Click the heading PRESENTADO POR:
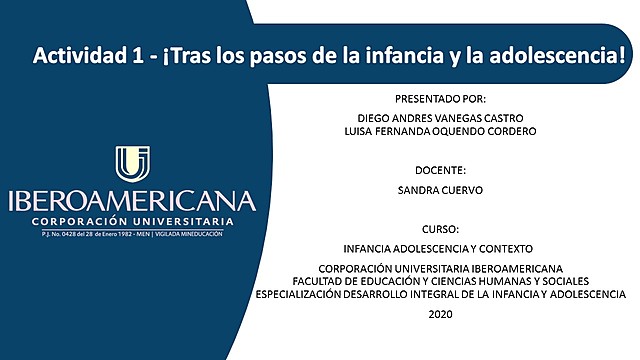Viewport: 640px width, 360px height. pos(440,99)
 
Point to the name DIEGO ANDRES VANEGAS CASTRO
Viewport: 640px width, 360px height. pos(440,117)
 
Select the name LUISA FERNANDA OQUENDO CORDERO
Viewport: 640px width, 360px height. pos(440,132)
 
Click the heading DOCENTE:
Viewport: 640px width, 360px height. pos(440,171)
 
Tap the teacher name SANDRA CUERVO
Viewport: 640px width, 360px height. pos(440,189)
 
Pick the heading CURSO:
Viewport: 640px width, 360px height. pos(440,228)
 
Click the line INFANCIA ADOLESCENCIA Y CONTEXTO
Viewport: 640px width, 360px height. pos(440,248)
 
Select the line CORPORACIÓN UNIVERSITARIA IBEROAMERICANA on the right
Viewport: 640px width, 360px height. pos(440,269)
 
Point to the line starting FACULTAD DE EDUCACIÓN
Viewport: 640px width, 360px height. pos(440,281)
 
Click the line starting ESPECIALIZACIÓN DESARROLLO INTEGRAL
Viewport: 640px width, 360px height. pos(440,294)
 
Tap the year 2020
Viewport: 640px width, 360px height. pos(440,315)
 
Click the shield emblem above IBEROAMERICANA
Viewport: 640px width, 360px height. pos(133,164)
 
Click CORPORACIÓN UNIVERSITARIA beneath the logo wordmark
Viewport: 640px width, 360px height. pos(132,221)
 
